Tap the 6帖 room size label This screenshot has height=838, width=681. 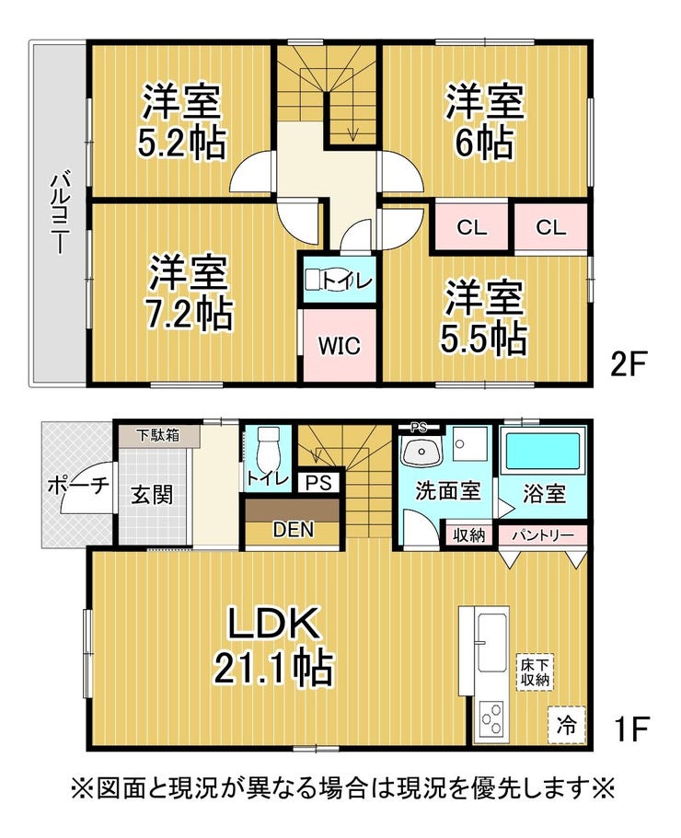tap(485, 143)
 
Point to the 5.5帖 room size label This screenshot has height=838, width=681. tap(486, 338)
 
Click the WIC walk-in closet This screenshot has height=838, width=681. tap(340, 346)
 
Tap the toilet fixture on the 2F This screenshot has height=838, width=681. tap(316, 281)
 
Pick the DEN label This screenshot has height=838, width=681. tap(294, 530)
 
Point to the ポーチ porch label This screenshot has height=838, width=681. tap(76, 485)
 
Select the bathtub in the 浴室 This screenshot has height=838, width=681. tap(543, 453)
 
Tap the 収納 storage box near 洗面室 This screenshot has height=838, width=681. tap(468, 534)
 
